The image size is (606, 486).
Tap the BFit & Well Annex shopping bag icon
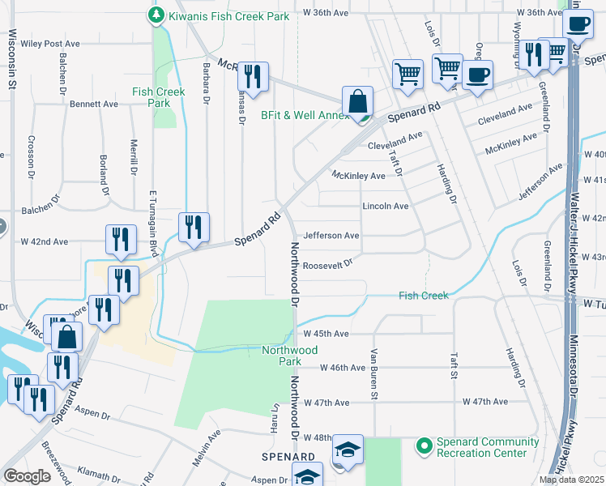click(357, 102)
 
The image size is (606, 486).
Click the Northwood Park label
click(290, 356)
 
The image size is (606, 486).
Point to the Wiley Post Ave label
click(52, 44)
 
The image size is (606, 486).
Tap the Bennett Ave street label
click(94, 104)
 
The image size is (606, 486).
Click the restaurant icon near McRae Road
click(253, 78)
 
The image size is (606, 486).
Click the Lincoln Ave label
click(385, 207)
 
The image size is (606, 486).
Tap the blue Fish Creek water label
click(424, 296)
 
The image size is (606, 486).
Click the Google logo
click(26, 476)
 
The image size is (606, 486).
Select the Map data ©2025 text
click(571, 480)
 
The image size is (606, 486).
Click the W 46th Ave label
click(344, 368)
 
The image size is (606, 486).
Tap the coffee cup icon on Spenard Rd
click(476, 75)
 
